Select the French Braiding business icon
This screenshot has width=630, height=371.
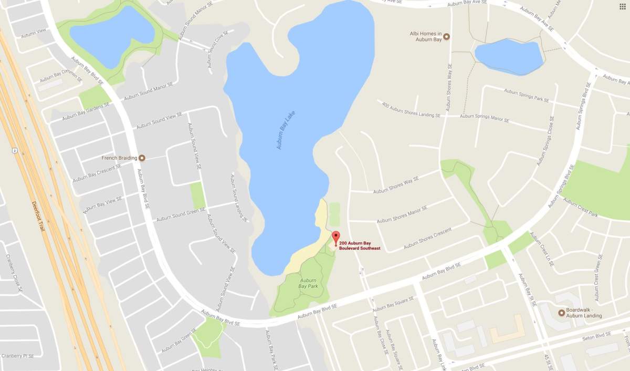[141, 158]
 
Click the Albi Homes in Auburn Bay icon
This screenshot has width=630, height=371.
[446, 36]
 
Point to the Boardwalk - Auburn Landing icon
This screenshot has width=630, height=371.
[561, 313]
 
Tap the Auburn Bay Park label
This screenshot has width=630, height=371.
[308, 283]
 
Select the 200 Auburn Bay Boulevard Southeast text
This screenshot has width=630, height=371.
[360, 246]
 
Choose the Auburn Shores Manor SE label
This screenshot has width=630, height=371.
[402, 214]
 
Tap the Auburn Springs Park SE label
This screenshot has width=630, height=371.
[526, 95]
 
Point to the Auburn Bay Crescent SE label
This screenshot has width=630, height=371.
[97, 172]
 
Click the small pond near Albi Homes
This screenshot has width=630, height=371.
[508, 56]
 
